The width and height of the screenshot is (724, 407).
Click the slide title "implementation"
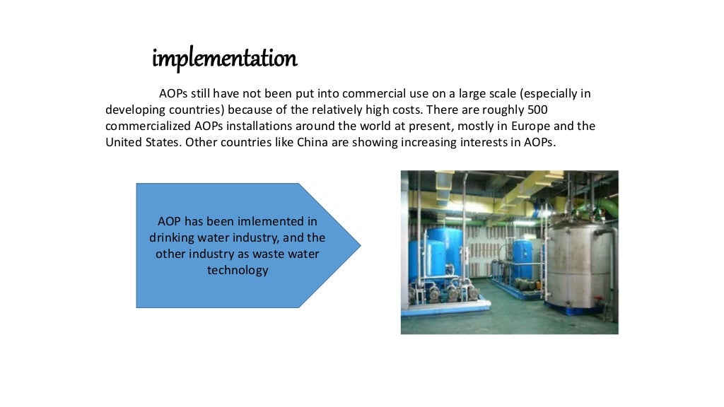coord(224,59)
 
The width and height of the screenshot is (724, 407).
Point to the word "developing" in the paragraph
coord(135,110)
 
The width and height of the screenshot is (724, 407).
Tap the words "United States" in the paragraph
coord(143,142)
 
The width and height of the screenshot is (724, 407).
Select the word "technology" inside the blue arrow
coord(238,270)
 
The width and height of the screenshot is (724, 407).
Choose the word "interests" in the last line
coord(492,142)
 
